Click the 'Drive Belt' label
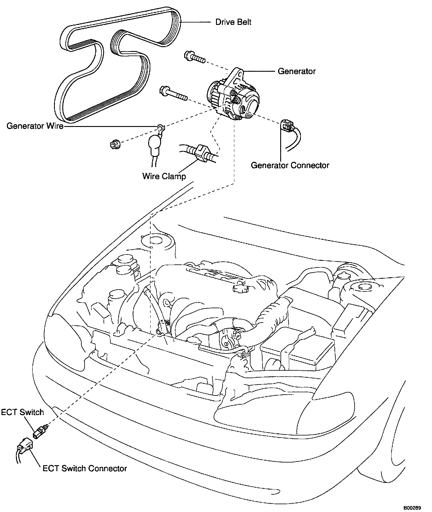[233, 22]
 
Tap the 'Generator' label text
[296, 71]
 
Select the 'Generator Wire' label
[35, 126]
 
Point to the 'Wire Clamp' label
[164, 176]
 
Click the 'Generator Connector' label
[290, 165]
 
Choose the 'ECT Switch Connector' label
[85, 468]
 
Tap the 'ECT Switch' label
[22, 412]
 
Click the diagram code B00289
[412, 508]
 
